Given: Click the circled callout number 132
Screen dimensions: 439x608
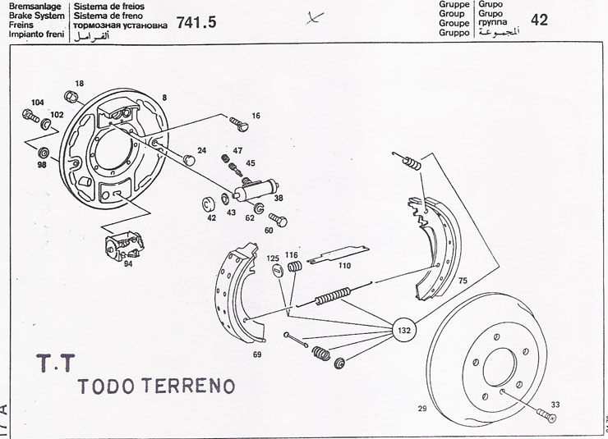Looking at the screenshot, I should (404, 330).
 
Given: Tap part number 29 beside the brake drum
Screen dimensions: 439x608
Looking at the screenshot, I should (421, 407).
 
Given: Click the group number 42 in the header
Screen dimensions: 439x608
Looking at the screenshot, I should (540, 20).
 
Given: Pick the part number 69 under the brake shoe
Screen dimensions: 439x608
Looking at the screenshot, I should (256, 354).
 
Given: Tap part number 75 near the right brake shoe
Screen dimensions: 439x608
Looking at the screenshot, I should (463, 281).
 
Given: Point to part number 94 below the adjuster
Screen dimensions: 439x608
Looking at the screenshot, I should (127, 264).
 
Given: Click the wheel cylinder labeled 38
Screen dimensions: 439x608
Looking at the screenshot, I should (253, 193).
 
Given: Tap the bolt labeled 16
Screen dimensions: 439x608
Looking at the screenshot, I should (239, 125).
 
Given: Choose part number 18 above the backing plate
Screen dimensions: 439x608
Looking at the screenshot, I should (80, 84).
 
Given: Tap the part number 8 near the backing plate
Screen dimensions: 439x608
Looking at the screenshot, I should (164, 97).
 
